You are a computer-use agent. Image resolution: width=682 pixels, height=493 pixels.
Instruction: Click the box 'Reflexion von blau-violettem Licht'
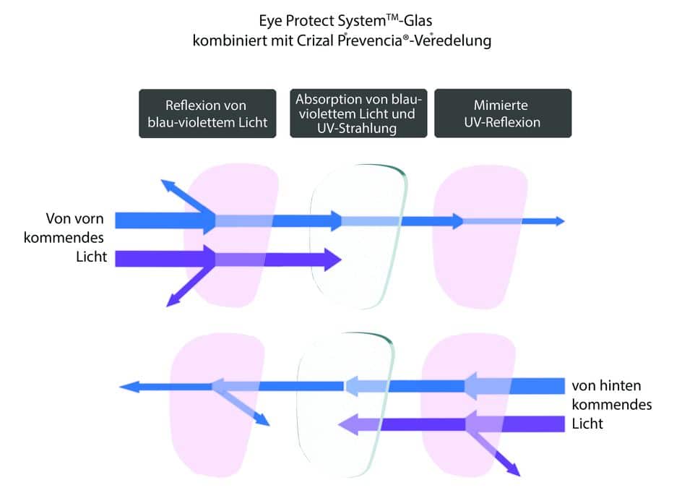(207, 113)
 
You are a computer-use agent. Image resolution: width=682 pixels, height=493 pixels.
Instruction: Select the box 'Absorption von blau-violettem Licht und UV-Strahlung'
(358, 113)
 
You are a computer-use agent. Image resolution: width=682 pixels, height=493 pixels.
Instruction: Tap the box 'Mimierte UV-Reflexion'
(502, 113)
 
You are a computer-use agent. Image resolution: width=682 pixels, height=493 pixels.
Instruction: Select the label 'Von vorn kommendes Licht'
(75, 237)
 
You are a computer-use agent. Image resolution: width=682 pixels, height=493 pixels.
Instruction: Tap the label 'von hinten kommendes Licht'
(610, 404)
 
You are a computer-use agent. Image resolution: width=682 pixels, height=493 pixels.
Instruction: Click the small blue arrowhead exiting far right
(558, 221)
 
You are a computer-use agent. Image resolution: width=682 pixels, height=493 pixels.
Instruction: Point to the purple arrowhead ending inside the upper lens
(334, 259)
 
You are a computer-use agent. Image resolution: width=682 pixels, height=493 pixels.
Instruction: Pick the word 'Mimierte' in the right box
(502, 106)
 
